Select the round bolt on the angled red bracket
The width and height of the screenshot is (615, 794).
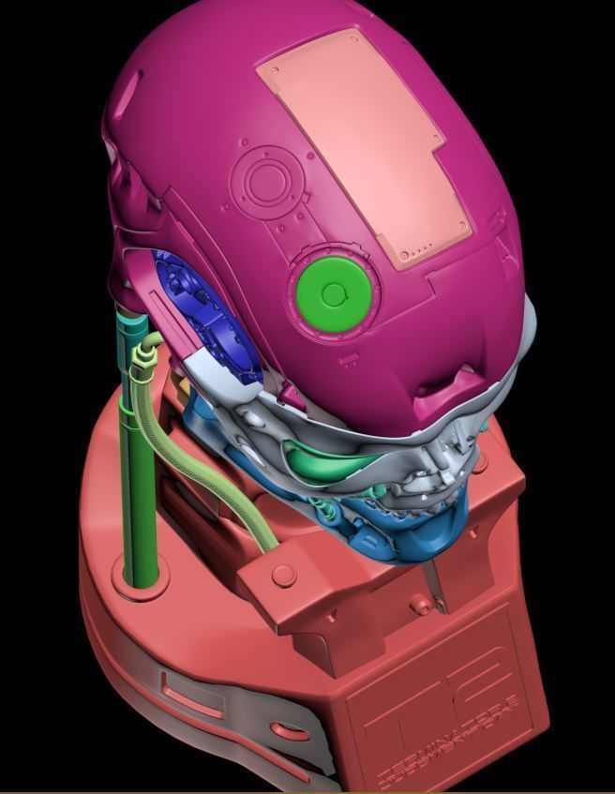(x=283, y=575)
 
